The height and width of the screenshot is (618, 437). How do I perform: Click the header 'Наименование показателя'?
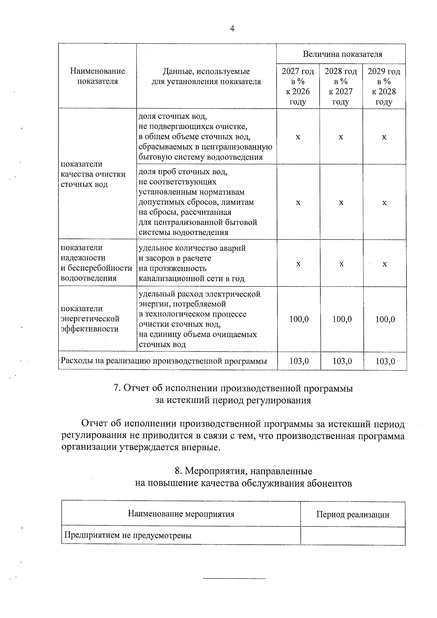coord(98,76)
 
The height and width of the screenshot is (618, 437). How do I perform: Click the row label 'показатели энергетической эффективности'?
coord(90,319)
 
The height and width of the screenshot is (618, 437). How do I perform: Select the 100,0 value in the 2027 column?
coord(299,319)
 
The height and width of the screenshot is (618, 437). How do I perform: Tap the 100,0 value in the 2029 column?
coord(385,319)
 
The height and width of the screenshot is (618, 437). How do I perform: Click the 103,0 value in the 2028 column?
coord(342,361)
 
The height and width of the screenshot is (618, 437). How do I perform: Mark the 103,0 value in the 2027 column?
coord(299,361)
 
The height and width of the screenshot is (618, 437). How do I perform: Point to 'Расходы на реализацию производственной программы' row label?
coord(164,361)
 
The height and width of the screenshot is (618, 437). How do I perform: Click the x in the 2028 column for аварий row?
coord(341,264)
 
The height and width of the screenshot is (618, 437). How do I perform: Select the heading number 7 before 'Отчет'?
coord(117,388)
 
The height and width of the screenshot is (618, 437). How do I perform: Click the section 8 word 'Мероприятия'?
coord(212,471)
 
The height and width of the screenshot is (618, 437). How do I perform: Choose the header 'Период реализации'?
coord(353,515)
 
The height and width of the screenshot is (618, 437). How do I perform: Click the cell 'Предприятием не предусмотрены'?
coord(128,535)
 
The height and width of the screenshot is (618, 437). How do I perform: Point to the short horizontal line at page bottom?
coord(234,578)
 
